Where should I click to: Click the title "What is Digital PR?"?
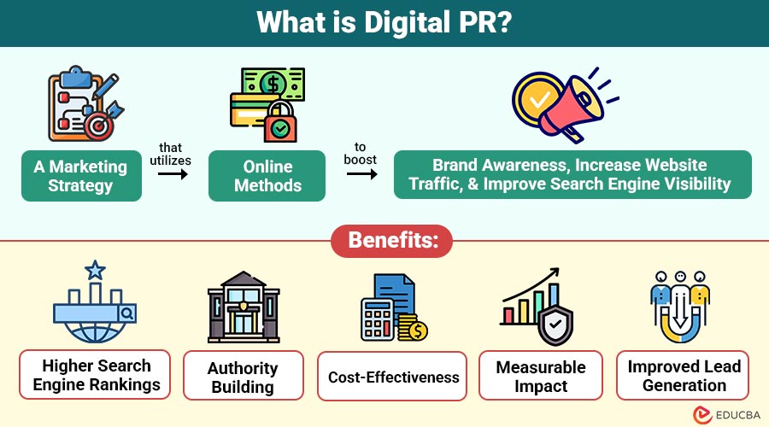coord(384,23)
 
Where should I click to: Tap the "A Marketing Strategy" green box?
coord(81,176)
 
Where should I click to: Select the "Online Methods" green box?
coord(267,176)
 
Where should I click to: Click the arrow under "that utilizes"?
coord(173,173)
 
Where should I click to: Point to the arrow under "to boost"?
coord(361,174)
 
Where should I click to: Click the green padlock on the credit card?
coord(279,126)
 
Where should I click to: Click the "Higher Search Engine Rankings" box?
coord(96,375)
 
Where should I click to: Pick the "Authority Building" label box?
coord(243,377)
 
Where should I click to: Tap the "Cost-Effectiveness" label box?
coord(392,377)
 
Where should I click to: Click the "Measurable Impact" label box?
coord(541,377)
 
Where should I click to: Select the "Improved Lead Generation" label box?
coord(684,375)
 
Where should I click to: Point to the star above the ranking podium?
coord(95,272)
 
